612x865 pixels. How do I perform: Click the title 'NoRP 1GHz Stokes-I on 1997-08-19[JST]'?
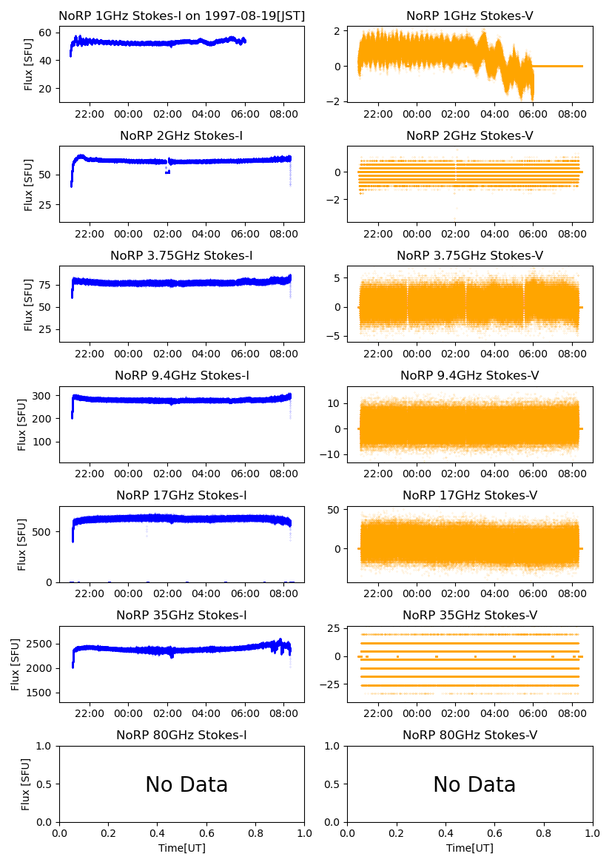(182, 16)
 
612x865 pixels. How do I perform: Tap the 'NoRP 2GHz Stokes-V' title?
(470, 136)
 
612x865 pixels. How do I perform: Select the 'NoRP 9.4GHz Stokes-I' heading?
(182, 376)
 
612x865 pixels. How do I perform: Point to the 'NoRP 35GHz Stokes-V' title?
(470, 616)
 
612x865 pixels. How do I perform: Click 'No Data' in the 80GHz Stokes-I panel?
(186, 785)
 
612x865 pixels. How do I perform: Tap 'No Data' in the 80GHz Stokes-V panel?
(474, 785)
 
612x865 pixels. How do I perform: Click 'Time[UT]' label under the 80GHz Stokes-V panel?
(470, 848)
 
